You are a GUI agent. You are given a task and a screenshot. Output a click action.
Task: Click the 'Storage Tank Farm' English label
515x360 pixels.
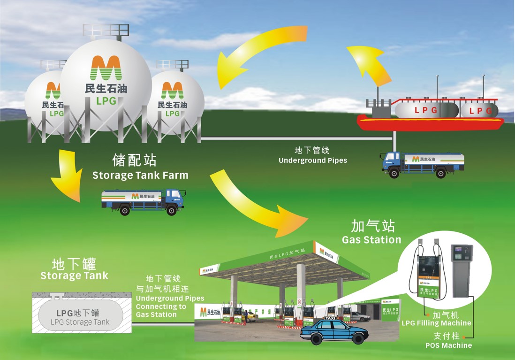coord(140,176)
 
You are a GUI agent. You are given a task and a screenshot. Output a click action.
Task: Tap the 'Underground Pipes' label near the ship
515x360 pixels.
coord(313,161)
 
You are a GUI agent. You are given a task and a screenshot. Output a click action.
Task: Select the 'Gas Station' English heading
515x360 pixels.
coord(371,240)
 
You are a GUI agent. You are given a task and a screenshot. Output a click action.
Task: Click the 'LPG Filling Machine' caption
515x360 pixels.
coord(436,323)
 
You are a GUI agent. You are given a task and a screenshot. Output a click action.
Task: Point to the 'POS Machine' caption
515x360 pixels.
coord(448,345)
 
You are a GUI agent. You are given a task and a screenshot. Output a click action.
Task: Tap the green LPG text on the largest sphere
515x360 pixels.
coord(106,101)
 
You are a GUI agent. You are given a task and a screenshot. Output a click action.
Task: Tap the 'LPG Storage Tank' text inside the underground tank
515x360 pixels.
coord(80,322)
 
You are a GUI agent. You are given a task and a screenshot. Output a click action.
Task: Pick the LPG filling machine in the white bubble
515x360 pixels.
coord(428,272)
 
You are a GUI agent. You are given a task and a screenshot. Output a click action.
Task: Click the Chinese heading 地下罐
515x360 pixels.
coord(74,263)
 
